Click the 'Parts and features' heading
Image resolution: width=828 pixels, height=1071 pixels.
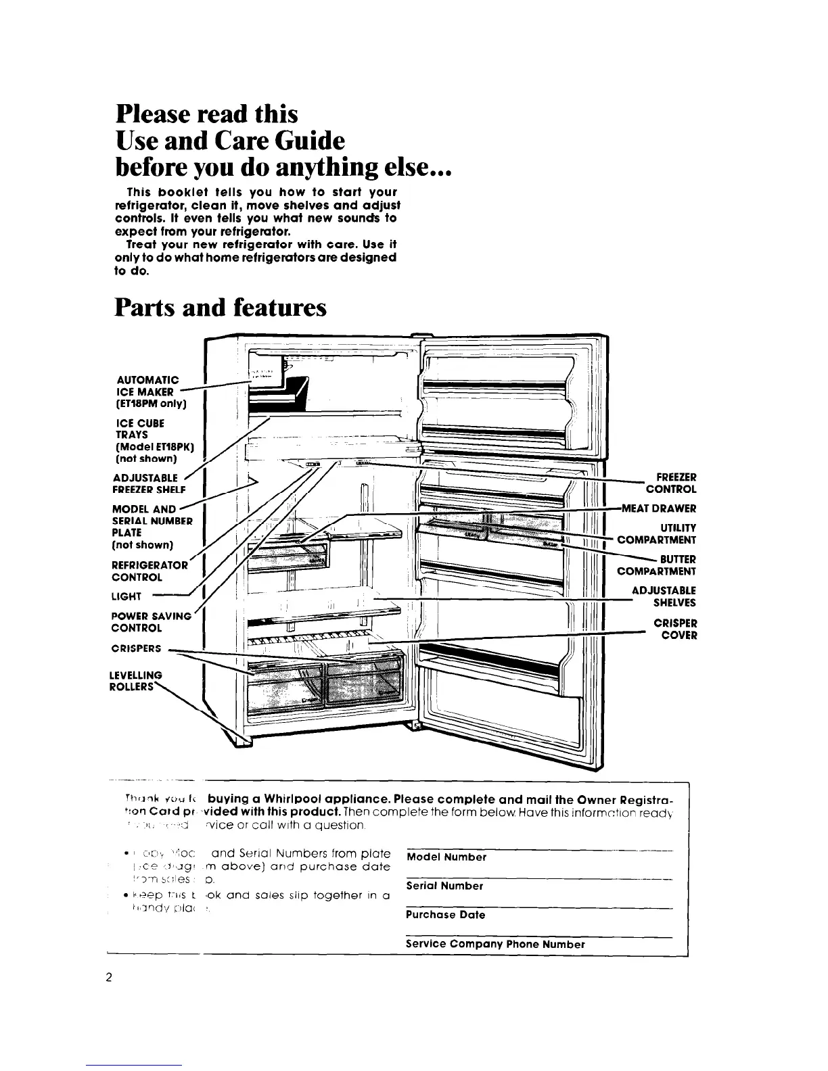[221, 308]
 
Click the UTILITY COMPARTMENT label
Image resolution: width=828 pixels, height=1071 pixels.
[657, 533]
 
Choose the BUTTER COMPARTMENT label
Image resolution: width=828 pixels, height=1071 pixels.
[657, 565]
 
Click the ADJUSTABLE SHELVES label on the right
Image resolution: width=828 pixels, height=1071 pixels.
[664, 596]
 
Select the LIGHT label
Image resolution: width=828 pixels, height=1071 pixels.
[127, 596]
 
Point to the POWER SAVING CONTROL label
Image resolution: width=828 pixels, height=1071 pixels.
[151, 621]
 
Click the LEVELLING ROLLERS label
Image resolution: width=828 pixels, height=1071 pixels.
[135, 681]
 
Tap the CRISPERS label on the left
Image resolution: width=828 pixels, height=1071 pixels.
[136, 648]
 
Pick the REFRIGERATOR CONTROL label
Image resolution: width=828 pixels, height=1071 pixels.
[149, 571]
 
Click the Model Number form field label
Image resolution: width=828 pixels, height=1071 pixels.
[446, 857]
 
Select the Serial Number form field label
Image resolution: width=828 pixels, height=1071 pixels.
[444, 886]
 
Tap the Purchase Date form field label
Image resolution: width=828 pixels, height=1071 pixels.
[446, 915]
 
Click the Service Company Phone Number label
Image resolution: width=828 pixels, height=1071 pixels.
[495, 944]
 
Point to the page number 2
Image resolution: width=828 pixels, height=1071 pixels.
[108, 978]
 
